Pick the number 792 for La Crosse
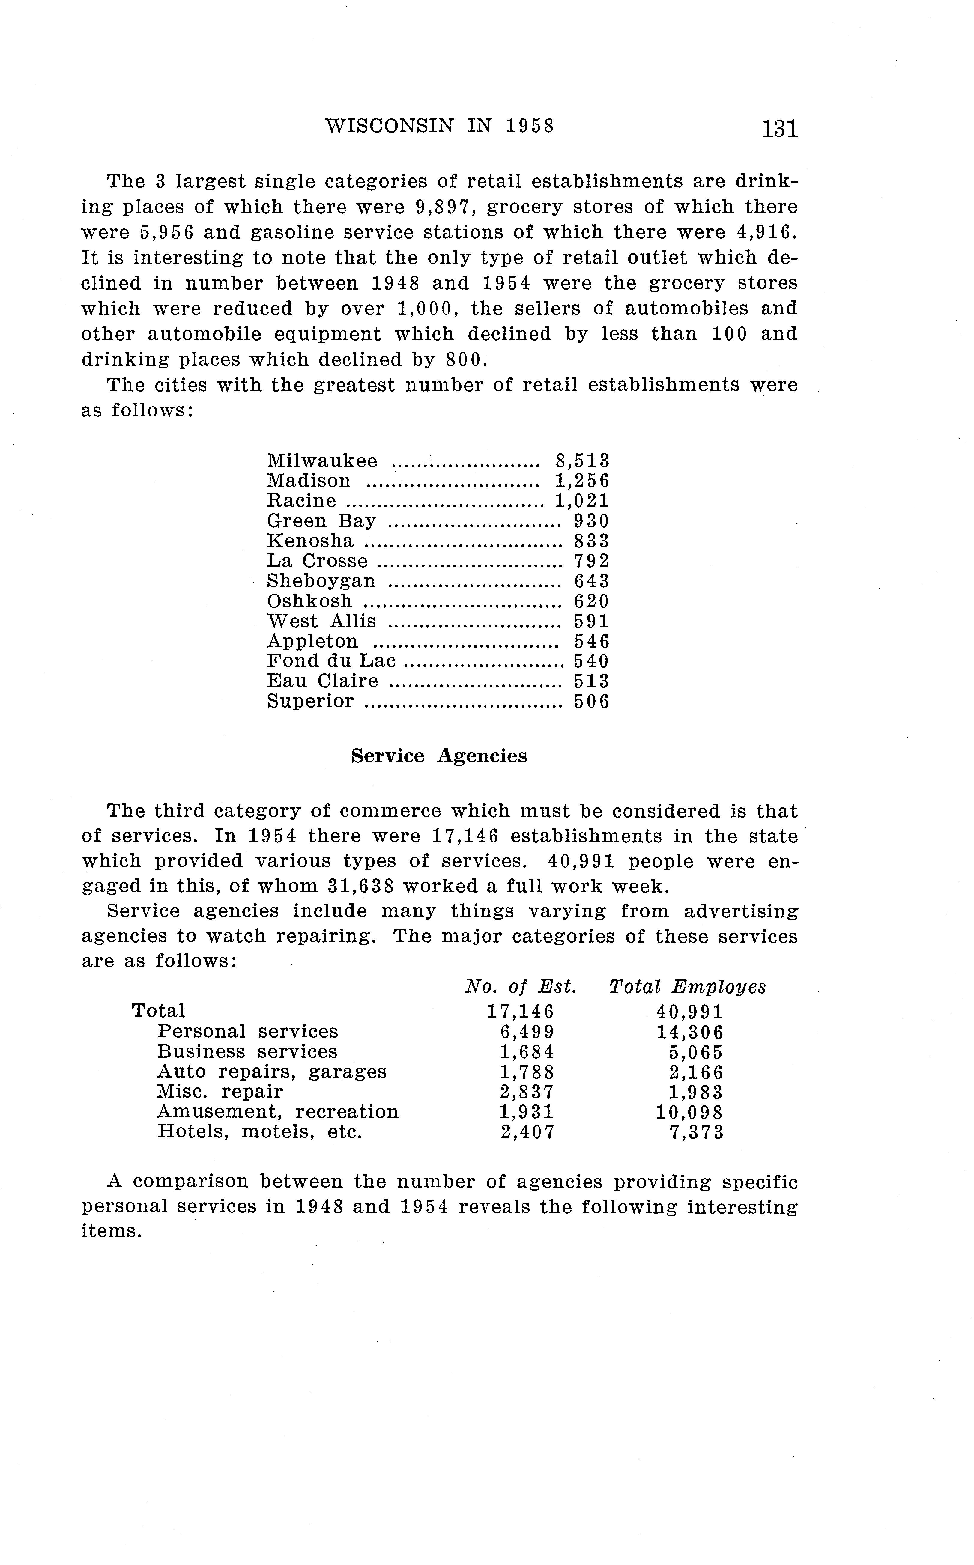point(591,561)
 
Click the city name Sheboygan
point(321,581)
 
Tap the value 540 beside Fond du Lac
point(591,661)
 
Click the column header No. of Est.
point(521,987)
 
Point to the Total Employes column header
point(687,987)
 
